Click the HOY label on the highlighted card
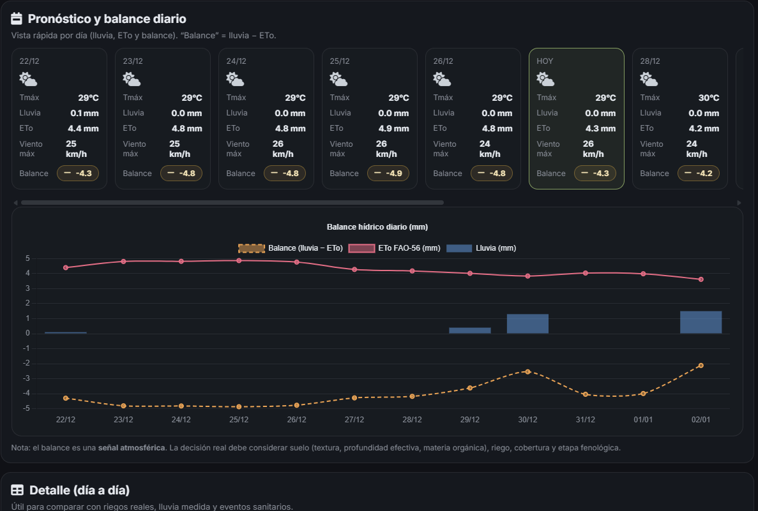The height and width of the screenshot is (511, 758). click(545, 61)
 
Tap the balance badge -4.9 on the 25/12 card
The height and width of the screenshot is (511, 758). click(388, 174)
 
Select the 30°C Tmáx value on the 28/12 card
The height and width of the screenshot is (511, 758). click(708, 98)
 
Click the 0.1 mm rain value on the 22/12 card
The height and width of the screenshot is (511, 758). click(84, 113)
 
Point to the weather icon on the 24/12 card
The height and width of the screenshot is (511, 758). click(235, 79)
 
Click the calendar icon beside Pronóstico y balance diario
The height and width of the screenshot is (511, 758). click(17, 19)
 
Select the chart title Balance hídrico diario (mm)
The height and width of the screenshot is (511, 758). click(377, 227)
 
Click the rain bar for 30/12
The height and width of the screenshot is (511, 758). click(527, 323)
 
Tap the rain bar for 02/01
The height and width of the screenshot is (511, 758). click(701, 322)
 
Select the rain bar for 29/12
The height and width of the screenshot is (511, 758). click(470, 330)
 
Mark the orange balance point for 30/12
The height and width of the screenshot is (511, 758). click(527, 371)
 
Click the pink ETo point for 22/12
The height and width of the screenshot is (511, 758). click(66, 268)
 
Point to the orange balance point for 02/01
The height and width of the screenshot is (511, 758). click(701, 366)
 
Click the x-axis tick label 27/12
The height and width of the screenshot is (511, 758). click(354, 420)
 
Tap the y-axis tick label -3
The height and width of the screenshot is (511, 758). click(26, 378)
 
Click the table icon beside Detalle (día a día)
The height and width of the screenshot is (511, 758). click(17, 490)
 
